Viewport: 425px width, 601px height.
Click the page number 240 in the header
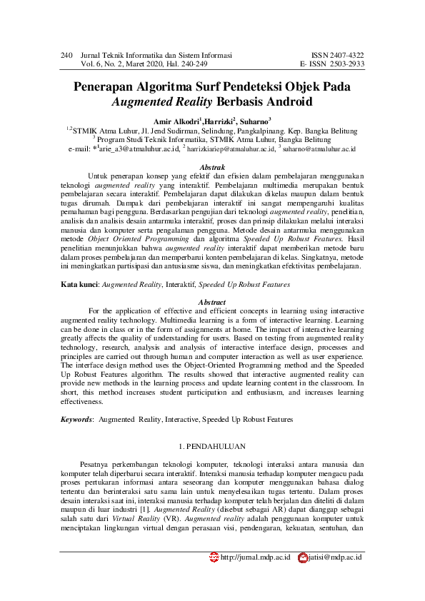(x=67, y=54)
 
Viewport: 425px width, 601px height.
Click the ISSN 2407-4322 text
(x=338, y=54)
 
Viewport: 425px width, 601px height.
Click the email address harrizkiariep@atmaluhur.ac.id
(x=231, y=148)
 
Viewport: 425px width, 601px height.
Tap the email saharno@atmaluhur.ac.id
(x=319, y=148)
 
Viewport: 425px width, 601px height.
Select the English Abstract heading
(x=212, y=302)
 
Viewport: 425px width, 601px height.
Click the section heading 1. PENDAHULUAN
(x=212, y=447)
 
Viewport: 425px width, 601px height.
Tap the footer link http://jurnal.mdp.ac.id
(x=255, y=556)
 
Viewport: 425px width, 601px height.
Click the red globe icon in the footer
(x=214, y=556)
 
